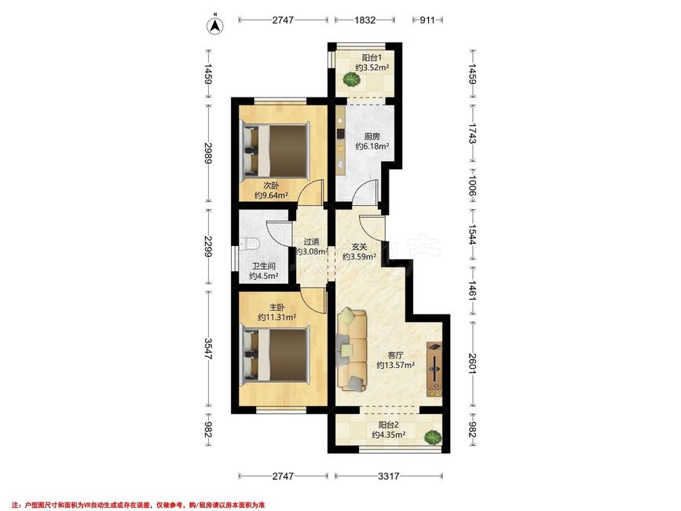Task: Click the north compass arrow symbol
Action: (x=214, y=25)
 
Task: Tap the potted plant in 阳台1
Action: (x=351, y=79)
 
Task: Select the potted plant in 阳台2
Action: (x=432, y=437)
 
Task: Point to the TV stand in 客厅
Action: (x=434, y=369)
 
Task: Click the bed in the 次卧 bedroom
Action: (x=276, y=150)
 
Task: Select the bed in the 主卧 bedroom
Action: (x=276, y=355)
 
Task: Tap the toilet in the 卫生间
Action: (x=252, y=244)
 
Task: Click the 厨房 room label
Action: (x=372, y=137)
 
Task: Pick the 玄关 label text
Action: (x=359, y=247)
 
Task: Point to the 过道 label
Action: (x=311, y=241)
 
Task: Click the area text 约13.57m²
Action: (x=395, y=365)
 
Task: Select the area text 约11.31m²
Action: (x=276, y=317)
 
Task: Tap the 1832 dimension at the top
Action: (x=364, y=20)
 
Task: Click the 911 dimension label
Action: (x=427, y=20)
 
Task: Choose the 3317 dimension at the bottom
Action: (x=388, y=476)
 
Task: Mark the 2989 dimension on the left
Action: (x=208, y=153)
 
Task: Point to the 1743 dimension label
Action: (x=472, y=133)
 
